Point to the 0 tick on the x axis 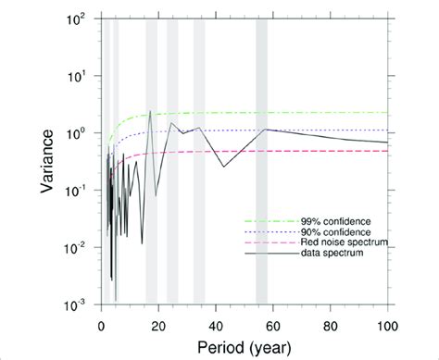coord(101,324)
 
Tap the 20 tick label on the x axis coord(158,324)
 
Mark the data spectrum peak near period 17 coord(150,112)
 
